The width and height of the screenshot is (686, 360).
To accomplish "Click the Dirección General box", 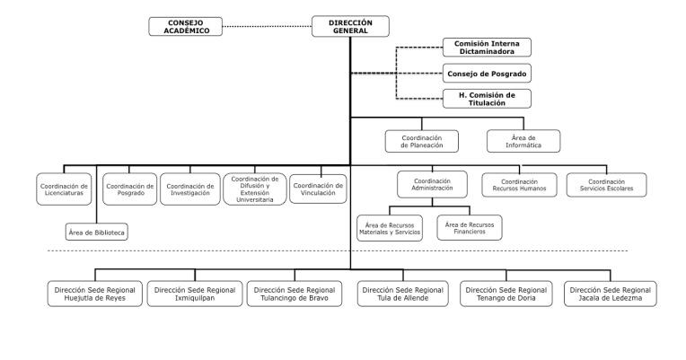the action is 350,26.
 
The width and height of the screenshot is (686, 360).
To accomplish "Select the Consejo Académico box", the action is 186,26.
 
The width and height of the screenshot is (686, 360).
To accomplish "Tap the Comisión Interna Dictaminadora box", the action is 487,48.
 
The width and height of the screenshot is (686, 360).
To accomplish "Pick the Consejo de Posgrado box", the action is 487,74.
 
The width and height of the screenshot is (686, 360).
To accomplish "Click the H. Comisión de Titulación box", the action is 487,99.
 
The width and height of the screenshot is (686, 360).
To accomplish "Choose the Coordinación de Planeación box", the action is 422,141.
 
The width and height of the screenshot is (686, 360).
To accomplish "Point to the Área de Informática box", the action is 523,141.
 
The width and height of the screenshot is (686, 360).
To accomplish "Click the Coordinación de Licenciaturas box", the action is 64,189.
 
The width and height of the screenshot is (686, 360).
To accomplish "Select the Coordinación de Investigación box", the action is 189,189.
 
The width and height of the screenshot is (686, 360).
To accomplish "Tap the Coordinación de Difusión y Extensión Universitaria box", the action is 255,189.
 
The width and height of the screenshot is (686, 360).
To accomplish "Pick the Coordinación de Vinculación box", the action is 318,189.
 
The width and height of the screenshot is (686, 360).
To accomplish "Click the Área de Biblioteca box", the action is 97,233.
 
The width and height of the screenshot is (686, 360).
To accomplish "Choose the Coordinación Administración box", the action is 432,184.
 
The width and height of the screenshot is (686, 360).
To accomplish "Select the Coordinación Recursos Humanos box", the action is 519,185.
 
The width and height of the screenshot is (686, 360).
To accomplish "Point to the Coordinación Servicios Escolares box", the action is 606,185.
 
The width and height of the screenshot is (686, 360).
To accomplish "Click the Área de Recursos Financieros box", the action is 470,228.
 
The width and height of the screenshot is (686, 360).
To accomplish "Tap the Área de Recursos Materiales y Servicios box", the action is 390,228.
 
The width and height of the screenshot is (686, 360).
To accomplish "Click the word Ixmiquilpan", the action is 195,298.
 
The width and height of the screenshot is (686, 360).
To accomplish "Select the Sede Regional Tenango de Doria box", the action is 506,294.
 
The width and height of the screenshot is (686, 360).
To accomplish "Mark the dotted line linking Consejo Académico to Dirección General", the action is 267,26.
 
